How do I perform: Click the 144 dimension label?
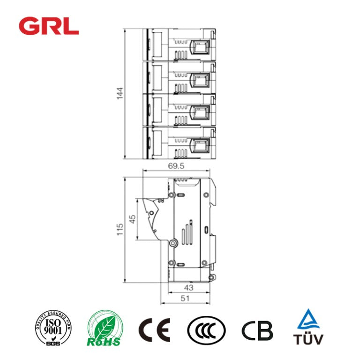pos(120,93)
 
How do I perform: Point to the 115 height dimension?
pos(120,230)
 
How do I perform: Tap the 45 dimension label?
pos(132,219)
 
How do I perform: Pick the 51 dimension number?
pos(185,298)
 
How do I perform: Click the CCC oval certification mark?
pos(206,330)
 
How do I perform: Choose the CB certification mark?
pos(257,330)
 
